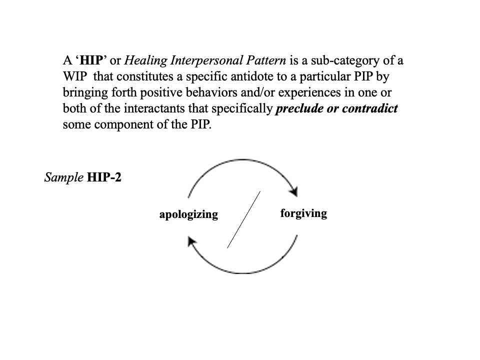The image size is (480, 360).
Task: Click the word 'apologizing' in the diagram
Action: coord(188,214)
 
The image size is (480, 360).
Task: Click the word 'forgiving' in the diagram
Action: coord(303,213)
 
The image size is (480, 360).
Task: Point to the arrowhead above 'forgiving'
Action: coord(294,191)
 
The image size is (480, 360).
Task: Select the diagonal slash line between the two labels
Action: coord(243,219)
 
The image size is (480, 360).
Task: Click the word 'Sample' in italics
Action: coord(63,177)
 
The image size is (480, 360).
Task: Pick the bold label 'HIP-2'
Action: coord(104,177)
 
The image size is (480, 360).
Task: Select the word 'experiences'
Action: coord(308,93)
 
